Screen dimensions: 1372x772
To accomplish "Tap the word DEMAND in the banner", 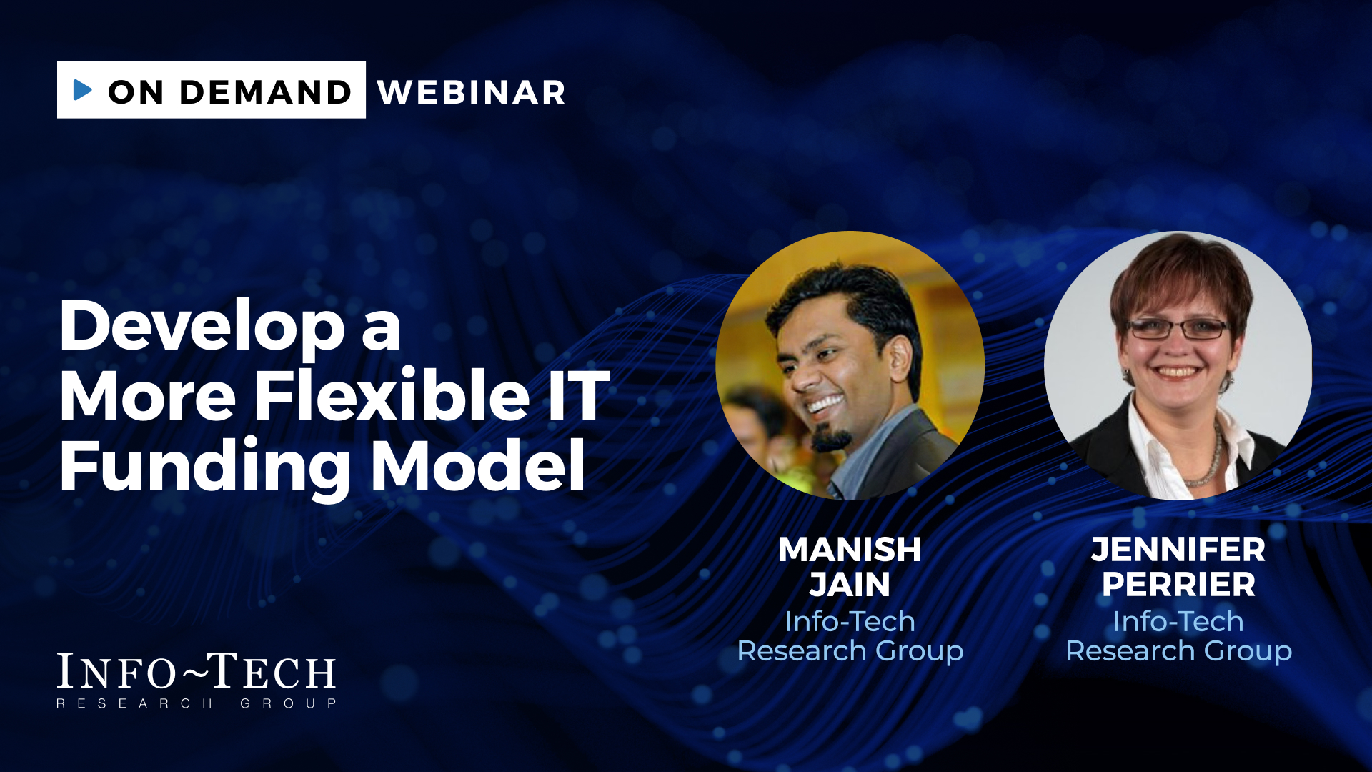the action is coord(266,92).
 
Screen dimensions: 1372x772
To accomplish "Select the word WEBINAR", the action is coord(472,92).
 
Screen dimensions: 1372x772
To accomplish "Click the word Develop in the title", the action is coord(202,325).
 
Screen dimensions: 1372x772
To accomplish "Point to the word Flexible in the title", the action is coord(392,395).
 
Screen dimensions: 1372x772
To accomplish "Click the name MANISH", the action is coord(850,550).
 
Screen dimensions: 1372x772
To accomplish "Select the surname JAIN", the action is coord(850,585).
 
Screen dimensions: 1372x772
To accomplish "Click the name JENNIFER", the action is coord(1178,550).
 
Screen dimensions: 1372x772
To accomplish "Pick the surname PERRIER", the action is coord(1178,585).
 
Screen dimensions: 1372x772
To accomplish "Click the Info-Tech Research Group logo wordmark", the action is coord(197,680).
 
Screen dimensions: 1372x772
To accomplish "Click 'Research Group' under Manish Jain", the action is coord(850,651).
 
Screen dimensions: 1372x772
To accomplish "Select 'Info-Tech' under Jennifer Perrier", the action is coord(1178,621).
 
